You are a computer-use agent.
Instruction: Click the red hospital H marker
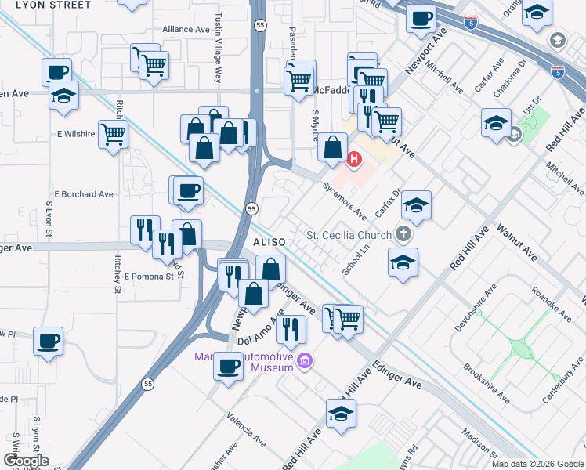pos(353,160)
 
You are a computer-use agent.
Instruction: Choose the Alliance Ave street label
pos(186,29)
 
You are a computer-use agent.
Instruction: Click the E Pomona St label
pos(148,277)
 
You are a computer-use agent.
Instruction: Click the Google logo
pos(26,461)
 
